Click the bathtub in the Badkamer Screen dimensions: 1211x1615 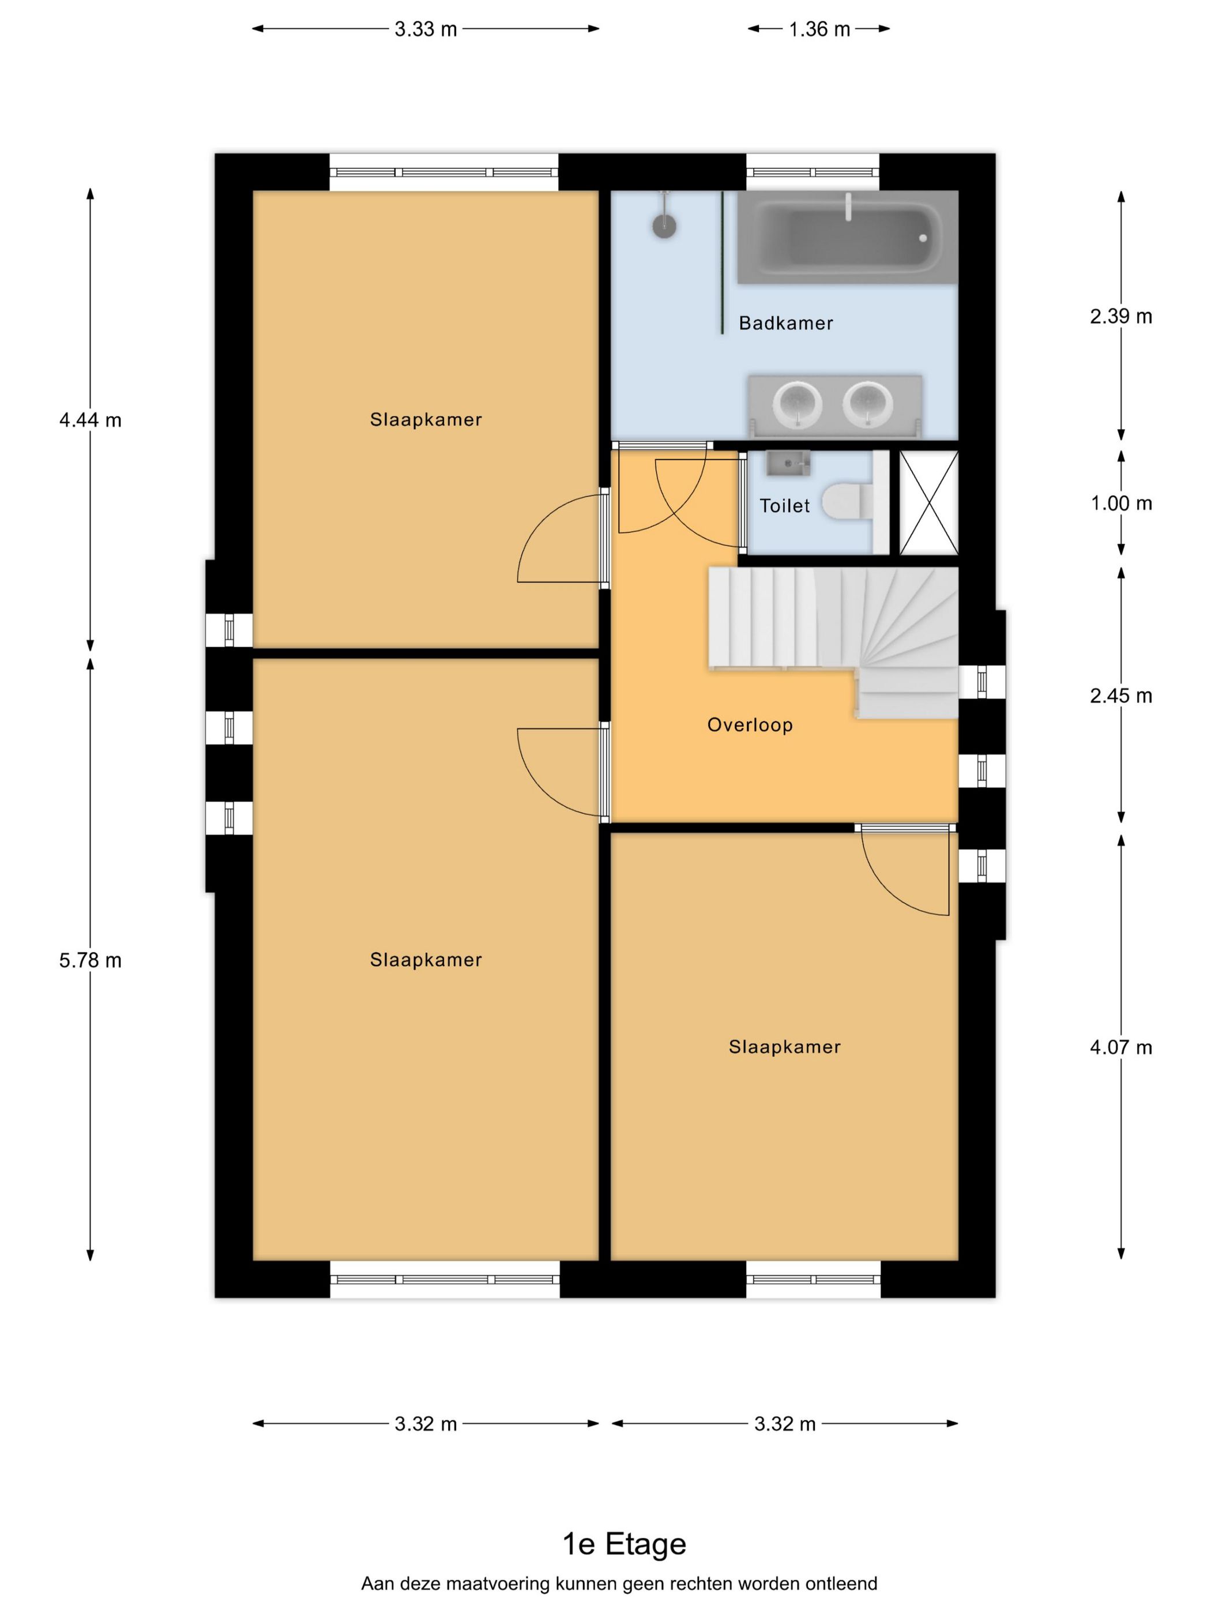847,237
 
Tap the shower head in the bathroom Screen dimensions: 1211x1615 664,226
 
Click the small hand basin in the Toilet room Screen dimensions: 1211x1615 788,463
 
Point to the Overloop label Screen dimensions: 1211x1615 750,725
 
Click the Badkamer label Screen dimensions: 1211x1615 785,322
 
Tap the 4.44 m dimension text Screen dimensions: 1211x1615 91,420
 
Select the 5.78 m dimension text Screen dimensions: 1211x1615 91,960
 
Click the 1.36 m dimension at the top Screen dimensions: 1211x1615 819,29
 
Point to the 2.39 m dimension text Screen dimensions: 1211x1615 1120,316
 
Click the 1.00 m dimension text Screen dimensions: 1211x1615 1120,503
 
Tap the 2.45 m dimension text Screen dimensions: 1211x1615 1120,696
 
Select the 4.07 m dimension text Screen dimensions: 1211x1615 1120,1047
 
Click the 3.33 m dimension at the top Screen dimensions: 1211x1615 426,29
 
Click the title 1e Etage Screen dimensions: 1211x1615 624,1544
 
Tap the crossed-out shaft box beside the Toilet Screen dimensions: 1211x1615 928,503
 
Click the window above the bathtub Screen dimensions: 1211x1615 813,172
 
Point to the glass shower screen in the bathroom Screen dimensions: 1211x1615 722,263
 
